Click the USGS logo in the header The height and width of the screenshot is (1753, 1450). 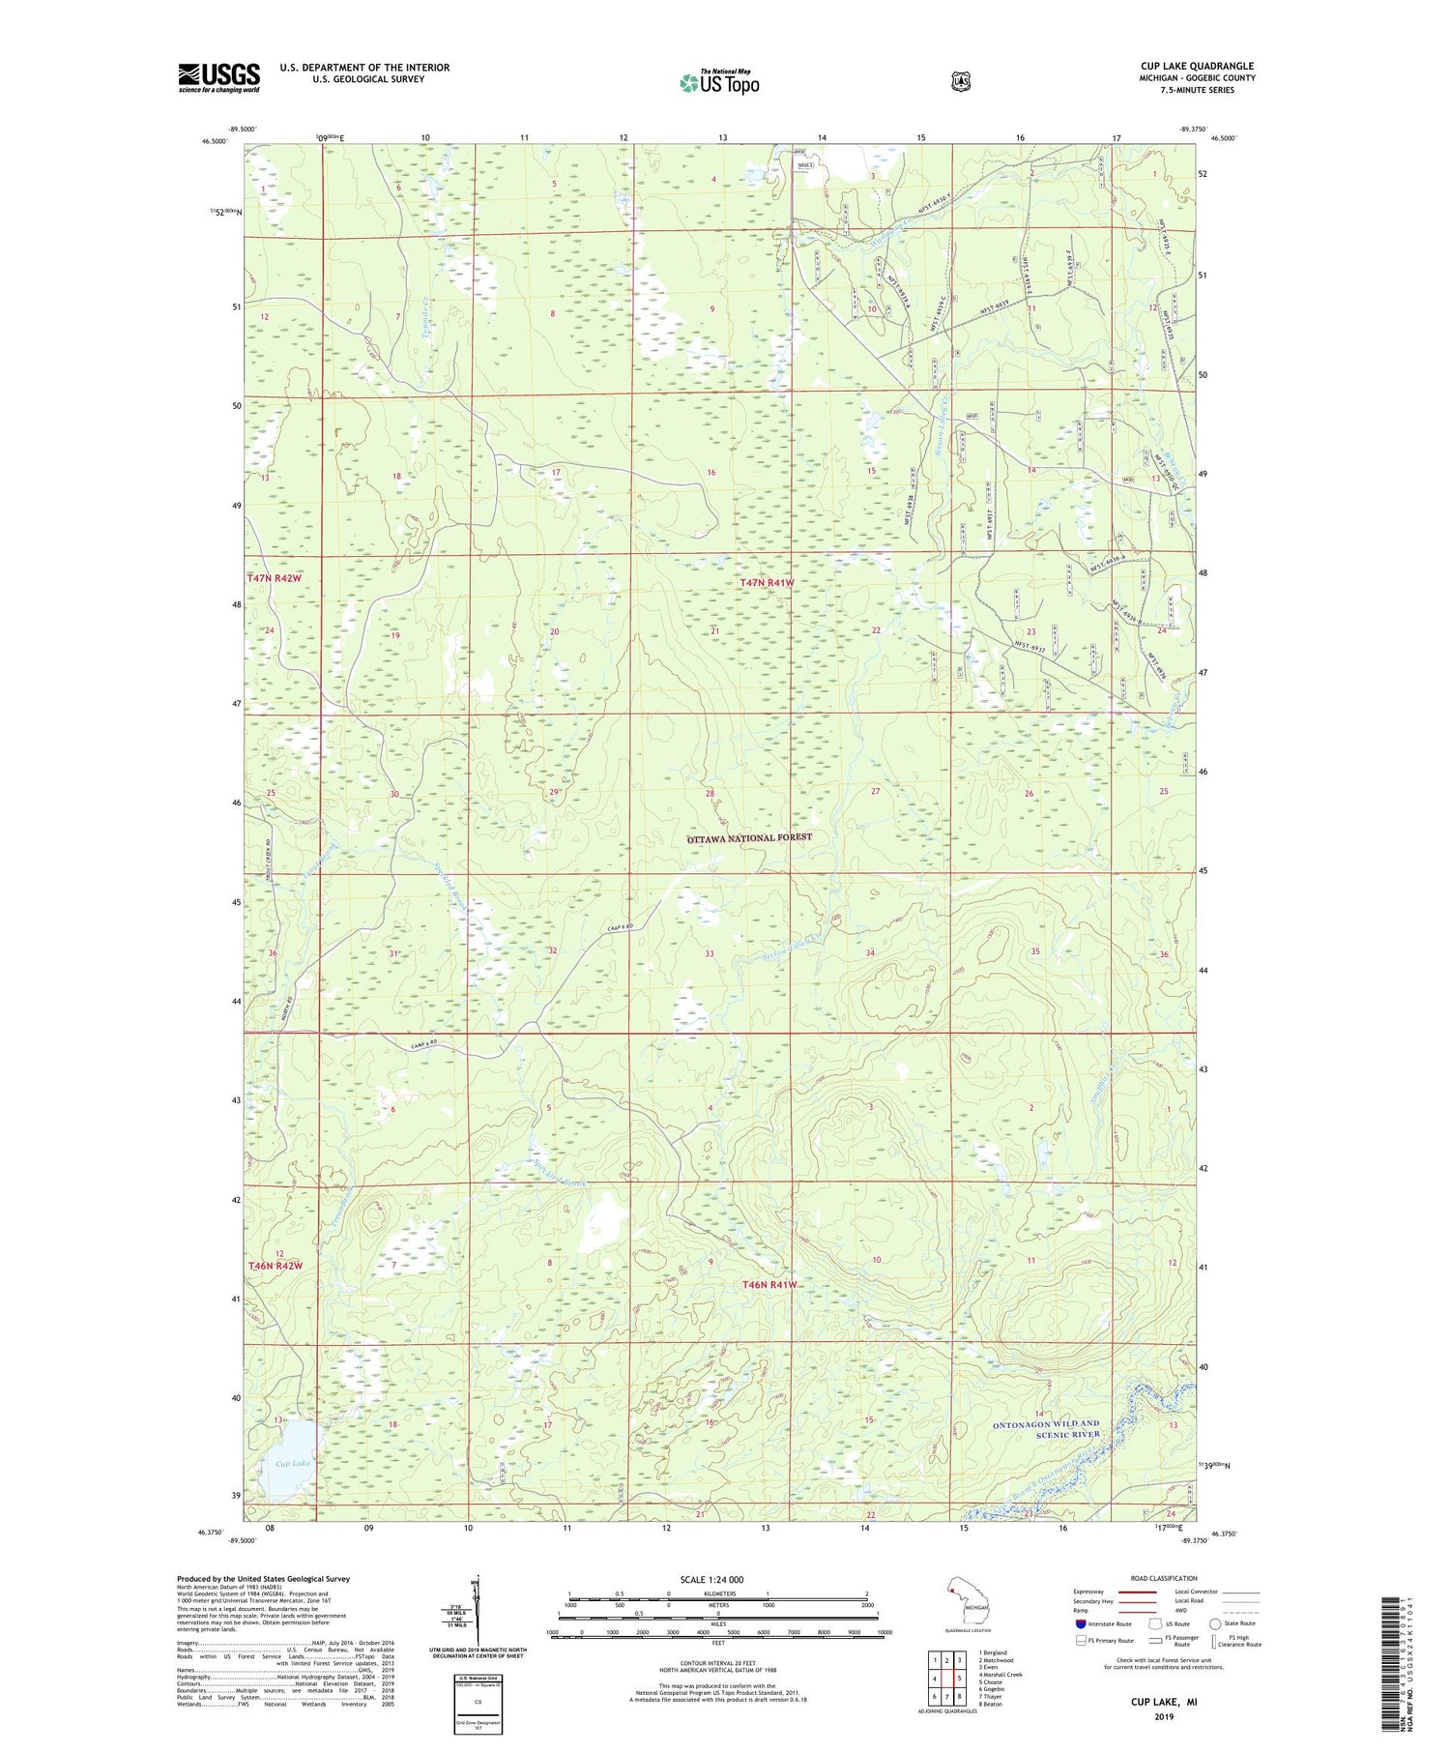point(218,77)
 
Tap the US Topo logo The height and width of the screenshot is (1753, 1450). point(719,82)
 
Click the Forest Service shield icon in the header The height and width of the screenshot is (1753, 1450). point(960,82)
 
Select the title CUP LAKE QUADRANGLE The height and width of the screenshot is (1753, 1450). point(1197,66)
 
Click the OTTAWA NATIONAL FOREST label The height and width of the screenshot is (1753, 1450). point(749,838)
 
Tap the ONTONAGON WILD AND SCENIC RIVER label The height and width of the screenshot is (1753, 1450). point(1046,1429)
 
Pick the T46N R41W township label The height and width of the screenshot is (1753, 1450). point(769,1284)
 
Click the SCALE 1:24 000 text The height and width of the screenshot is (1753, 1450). point(711,1579)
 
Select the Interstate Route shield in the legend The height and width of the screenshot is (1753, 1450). point(1081,1623)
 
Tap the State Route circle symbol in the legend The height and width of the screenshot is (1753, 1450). point(1216,1623)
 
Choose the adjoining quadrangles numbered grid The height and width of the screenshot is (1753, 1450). point(946,1678)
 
